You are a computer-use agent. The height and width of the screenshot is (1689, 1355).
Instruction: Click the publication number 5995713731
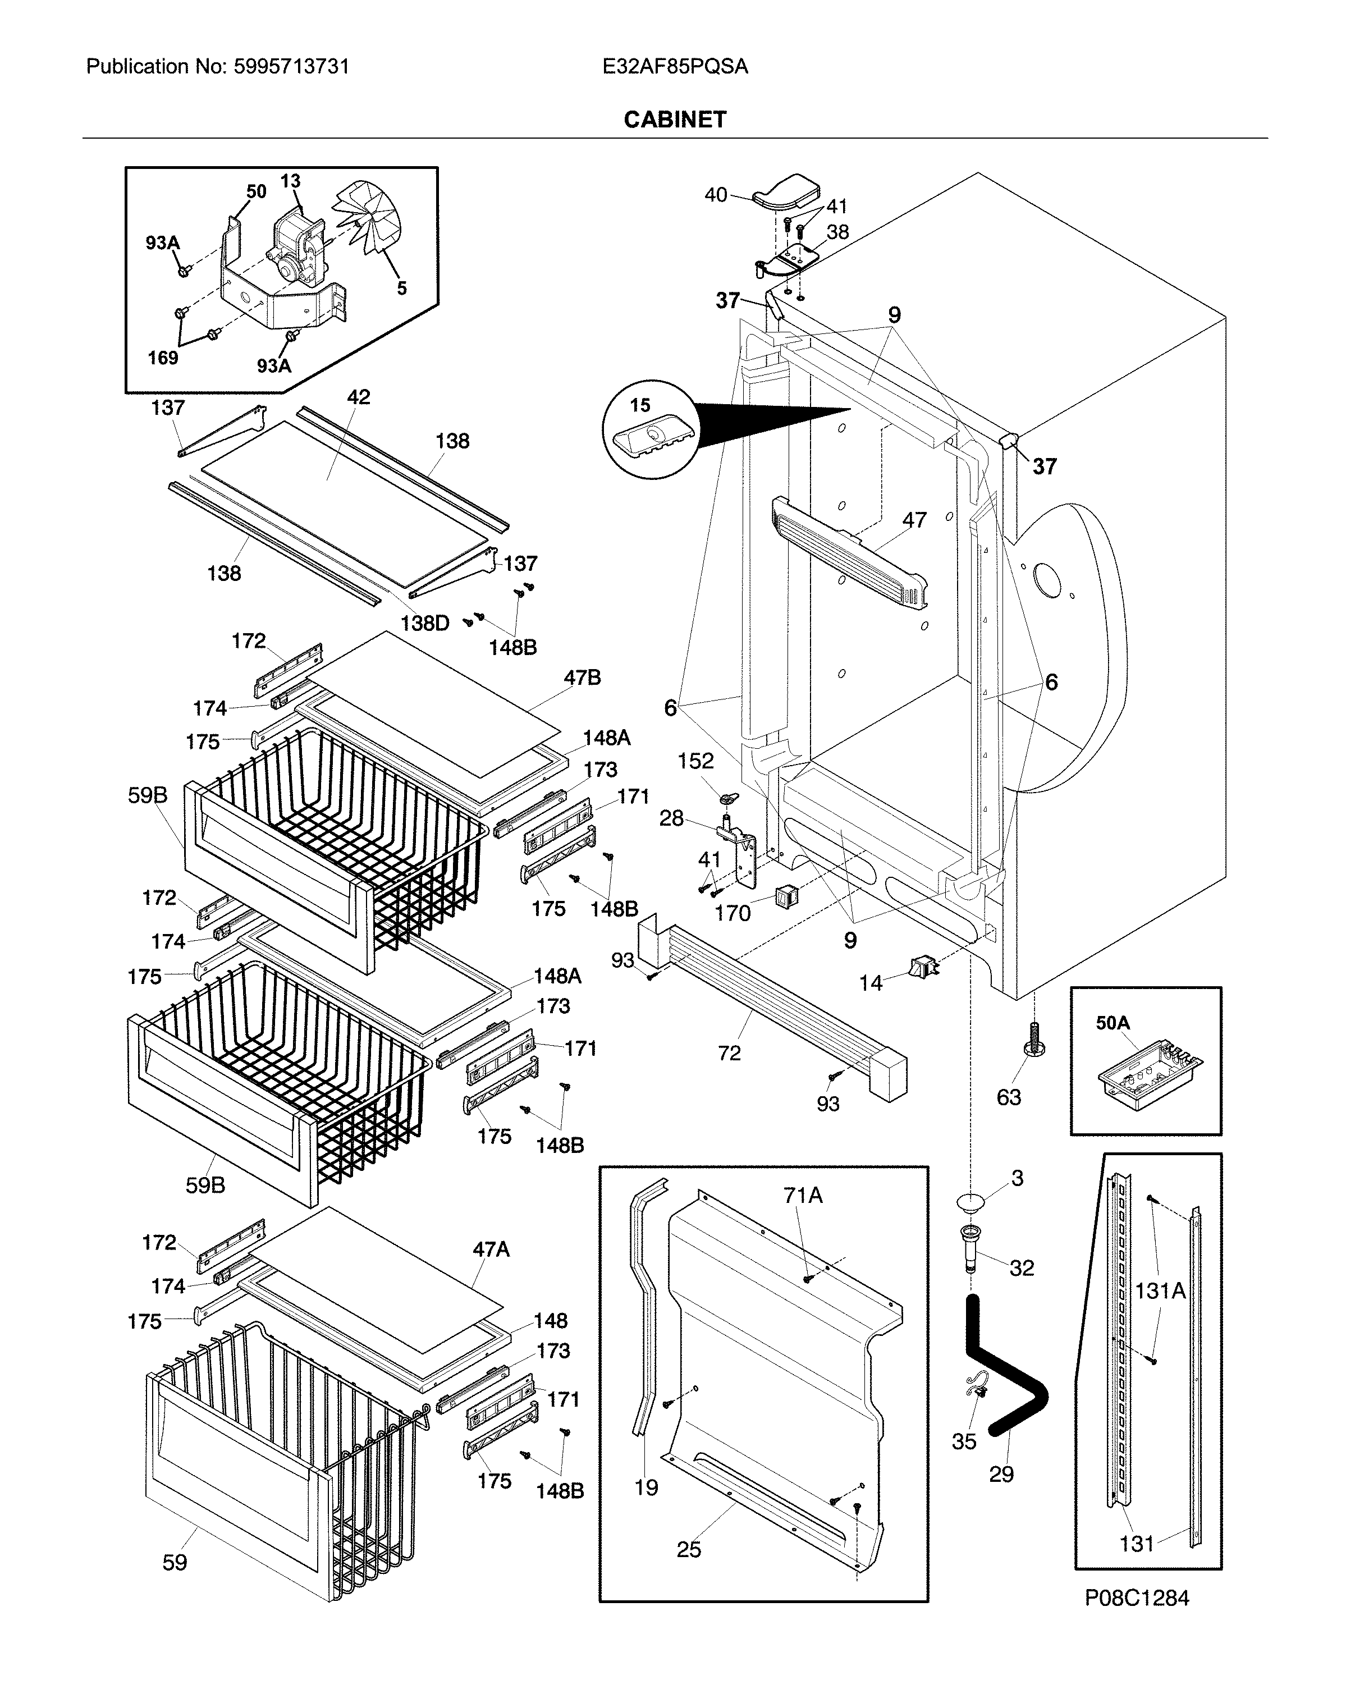click(291, 67)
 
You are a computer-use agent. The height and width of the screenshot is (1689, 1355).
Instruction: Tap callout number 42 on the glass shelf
click(359, 397)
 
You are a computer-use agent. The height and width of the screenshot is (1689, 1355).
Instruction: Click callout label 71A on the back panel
click(803, 1196)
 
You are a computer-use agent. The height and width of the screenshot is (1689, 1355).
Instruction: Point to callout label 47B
click(582, 678)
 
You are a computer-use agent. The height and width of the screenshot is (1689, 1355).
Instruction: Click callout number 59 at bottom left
click(175, 1562)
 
